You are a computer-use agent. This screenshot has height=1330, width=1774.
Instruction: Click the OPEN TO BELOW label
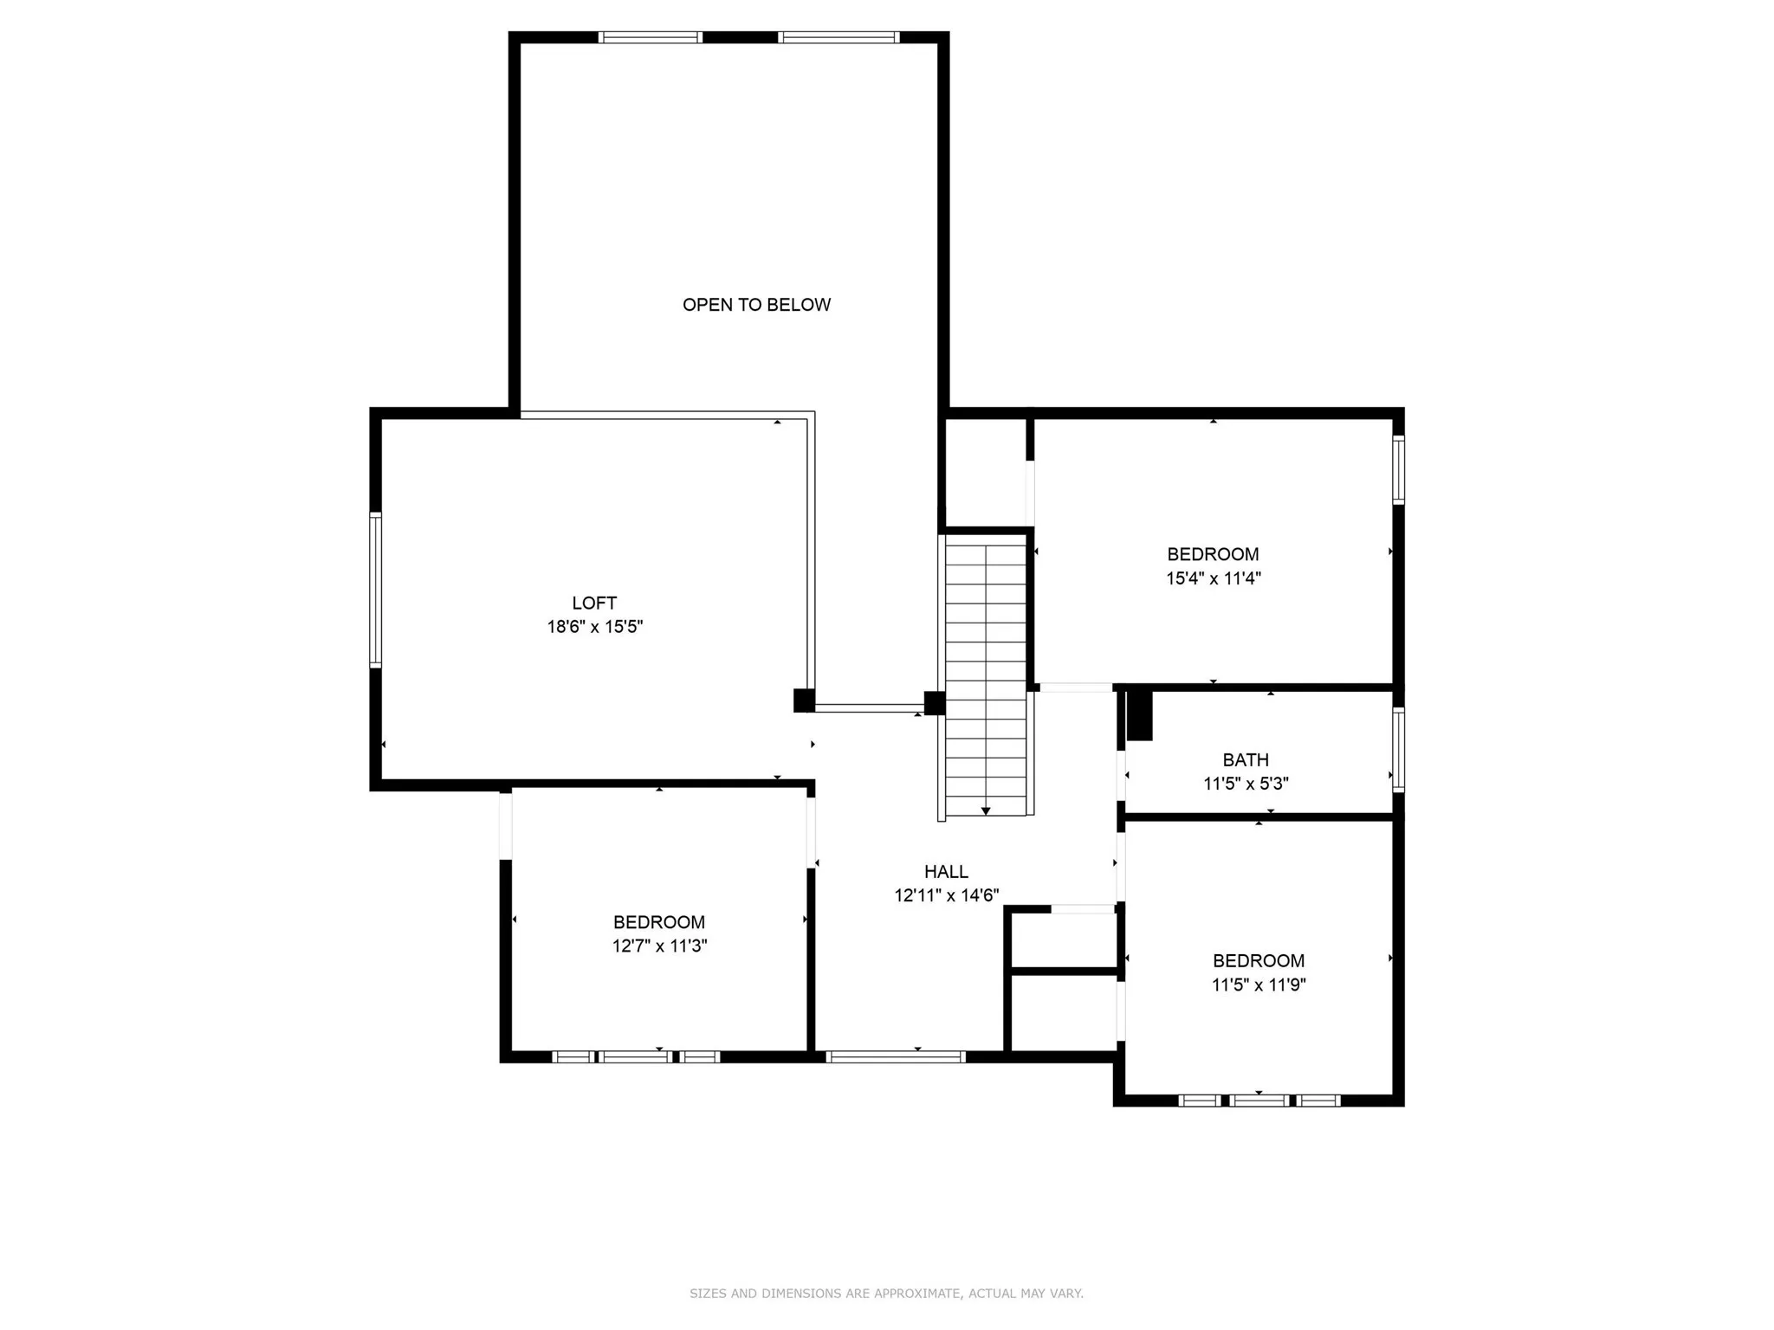(x=756, y=305)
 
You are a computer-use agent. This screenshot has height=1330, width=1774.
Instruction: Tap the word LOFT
(x=594, y=603)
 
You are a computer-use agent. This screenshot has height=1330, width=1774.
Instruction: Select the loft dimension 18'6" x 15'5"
(x=594, y=627)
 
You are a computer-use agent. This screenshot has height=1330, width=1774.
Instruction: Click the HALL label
(x=946, y=872)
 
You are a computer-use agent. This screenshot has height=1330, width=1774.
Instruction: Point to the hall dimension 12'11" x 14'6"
(x=946, y=896)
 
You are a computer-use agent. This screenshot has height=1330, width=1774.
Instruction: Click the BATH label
(x=1246, y=760)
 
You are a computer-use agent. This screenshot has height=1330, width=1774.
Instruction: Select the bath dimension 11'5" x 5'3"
(x=1246, y=784)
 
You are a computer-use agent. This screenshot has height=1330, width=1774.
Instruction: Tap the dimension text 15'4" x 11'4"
(x=1213, y=578)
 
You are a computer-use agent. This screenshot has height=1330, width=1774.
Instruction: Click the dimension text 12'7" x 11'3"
(x=659, y=946)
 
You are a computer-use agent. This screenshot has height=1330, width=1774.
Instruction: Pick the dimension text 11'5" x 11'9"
(x=1258, y=985)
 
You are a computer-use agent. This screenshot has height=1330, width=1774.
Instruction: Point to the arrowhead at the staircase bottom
(x=986, y=811)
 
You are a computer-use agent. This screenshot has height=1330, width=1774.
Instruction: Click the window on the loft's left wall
(x=375, y=590)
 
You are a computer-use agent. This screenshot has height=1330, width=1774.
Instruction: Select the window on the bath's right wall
(x=1398, y=750)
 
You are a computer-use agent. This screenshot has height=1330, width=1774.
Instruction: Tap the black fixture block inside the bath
(x=1140, y=715)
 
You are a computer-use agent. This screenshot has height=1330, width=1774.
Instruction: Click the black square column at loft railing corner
(x=804, y=700)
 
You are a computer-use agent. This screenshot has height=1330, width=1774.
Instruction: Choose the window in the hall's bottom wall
(x=895, y=1056)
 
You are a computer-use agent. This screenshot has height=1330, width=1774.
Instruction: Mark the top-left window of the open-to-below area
(x=650, y=37)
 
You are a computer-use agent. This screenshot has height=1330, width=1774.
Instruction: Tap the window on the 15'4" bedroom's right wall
(x=1398, y=469)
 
